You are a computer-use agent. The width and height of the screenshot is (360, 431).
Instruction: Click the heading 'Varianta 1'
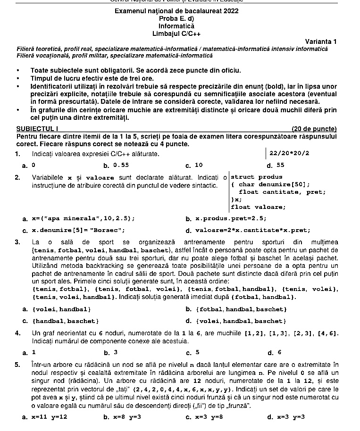point(321,41)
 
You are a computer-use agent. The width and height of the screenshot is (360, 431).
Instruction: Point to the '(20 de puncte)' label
point(314,128)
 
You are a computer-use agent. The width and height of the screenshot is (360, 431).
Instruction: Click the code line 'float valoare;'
point(258,207)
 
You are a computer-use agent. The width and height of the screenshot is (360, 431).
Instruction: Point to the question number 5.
point(17,364)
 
